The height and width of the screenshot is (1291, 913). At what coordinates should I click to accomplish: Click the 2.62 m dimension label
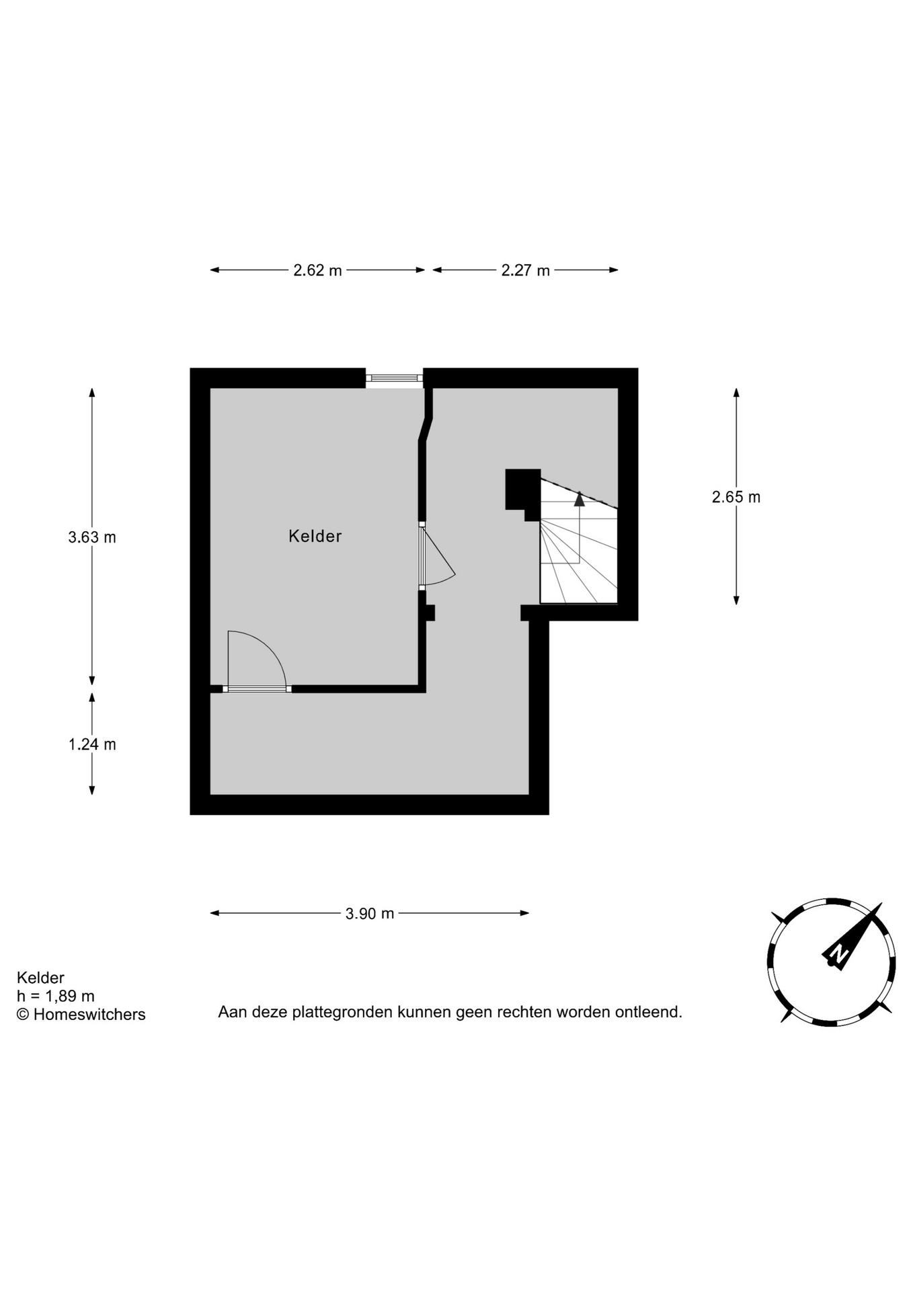click(x=317, y=270)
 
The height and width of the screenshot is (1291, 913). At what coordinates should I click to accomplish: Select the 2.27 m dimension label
click(x=525, y=270)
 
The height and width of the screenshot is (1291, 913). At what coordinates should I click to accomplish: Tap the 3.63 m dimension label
click(x=92, y=537)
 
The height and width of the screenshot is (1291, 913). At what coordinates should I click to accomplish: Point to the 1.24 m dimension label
click(x=92, y=744)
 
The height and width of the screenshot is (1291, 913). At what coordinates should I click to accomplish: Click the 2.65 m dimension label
click(x=736, y=497)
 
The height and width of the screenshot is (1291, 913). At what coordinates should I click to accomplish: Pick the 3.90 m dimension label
click(x=370, y=913)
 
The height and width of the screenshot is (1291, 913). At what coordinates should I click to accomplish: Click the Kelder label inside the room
click(x=315, y=536)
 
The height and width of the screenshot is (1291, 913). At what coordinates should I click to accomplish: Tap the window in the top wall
click(x=394, y=378)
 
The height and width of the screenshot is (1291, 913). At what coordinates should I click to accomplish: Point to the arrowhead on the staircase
click(x=580, y=498)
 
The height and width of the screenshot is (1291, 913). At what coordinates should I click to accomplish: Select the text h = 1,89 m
click(x=56, y=996)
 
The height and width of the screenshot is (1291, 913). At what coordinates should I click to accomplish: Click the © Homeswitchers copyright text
click(x=81, y=1015)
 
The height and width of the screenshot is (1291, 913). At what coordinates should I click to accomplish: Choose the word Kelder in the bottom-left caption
click(x=40, y=978)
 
